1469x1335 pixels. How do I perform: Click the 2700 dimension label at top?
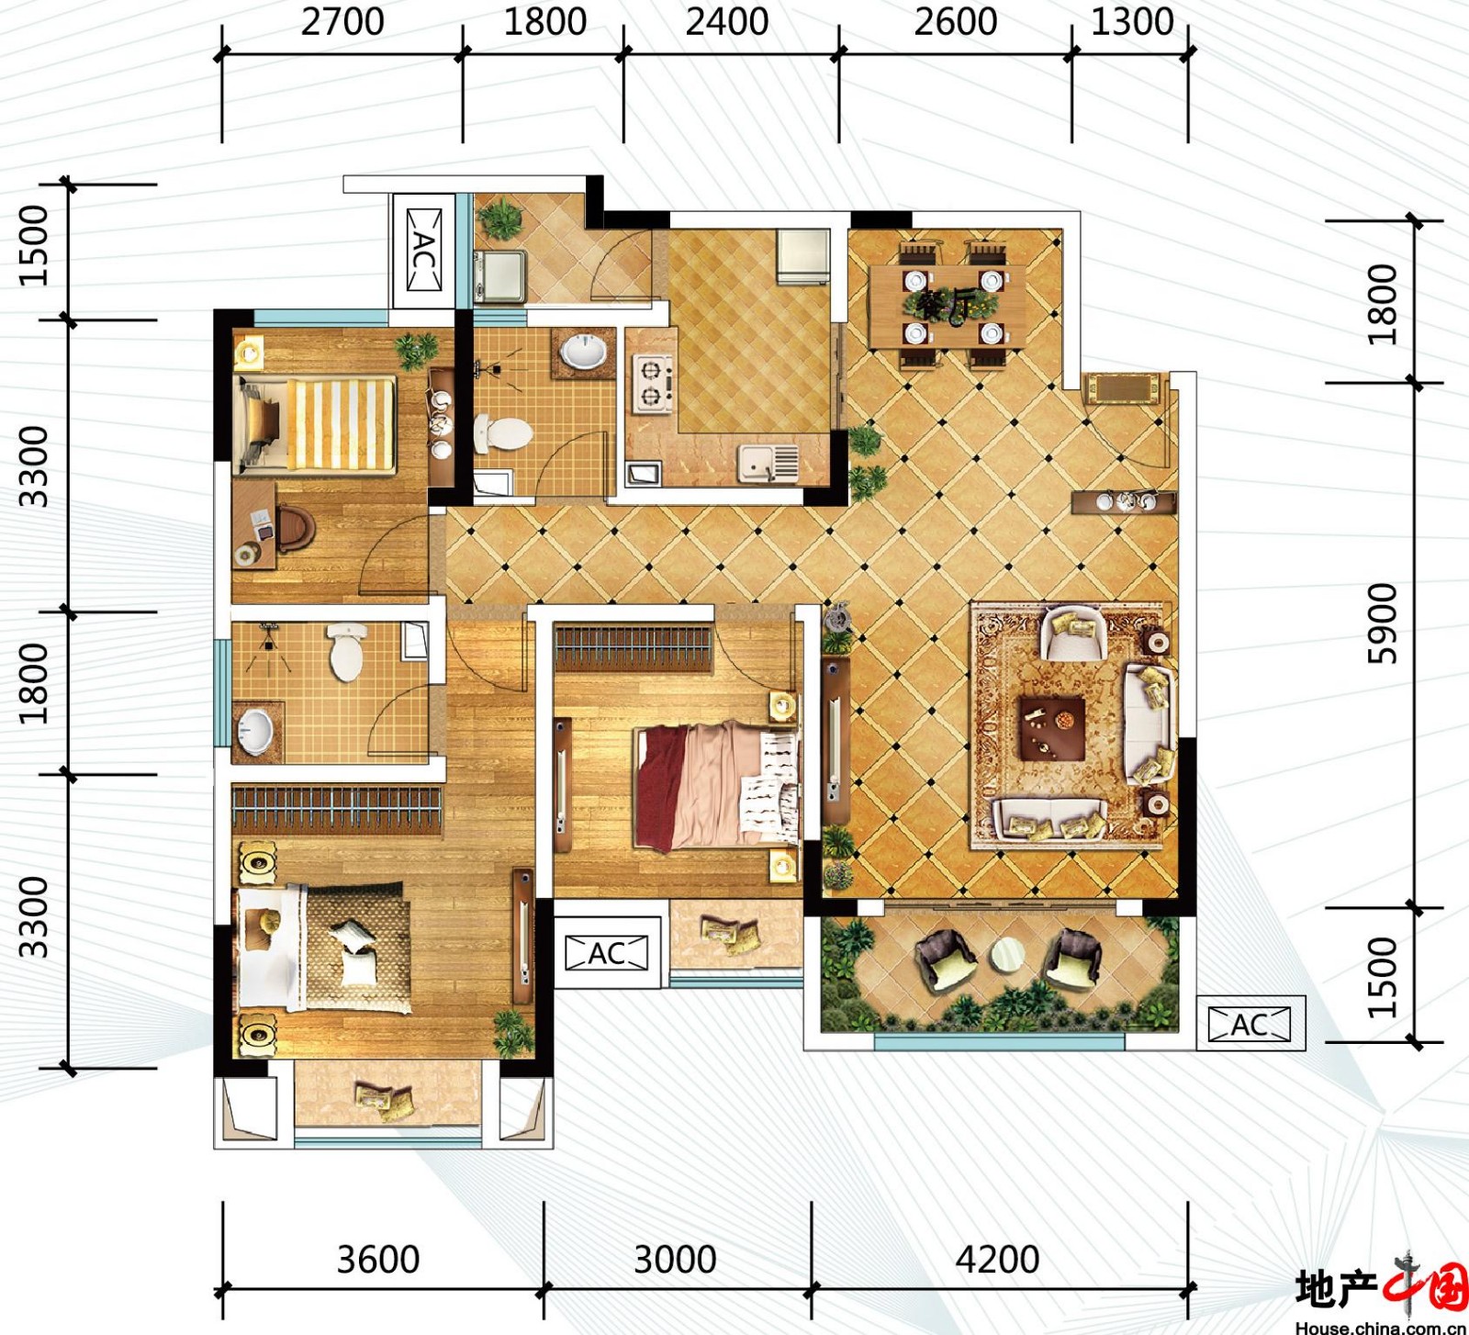tap(342, 21)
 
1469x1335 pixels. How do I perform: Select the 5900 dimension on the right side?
tap(1382, 623)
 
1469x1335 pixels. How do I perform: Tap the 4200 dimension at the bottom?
tap(997, 1260)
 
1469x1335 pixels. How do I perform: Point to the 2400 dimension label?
tap(727, 21)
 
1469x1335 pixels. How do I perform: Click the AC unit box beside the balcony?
tap(1250, 1024)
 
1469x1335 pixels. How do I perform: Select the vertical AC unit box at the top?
tap(423, 250)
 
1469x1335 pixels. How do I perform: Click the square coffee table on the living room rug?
tap(1052, 727)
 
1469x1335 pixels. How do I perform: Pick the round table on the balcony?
tap(1007, 956)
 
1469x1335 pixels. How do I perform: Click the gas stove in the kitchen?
tap(653, 384)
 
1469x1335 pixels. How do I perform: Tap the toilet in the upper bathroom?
tap(502, 433)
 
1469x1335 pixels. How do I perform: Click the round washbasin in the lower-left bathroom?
tap(254, 732)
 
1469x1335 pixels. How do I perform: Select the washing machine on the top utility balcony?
tap(499, 275)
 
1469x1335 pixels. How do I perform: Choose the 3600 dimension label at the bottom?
tap(378, 1260)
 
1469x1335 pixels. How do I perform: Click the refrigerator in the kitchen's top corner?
tap(803, 257)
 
